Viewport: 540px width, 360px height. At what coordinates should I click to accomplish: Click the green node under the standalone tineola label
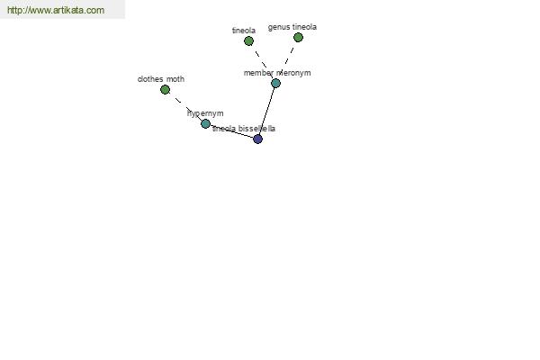tap(248, 41)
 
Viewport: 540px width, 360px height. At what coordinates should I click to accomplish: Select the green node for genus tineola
tap(298, 37)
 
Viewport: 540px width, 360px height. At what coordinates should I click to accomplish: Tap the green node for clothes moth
tap(165, 90)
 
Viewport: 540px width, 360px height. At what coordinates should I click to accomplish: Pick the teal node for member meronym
tap(275, 83)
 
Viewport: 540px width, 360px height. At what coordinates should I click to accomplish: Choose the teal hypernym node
tap(205, 123)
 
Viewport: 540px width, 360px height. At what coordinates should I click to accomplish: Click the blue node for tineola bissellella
tap(257, 139)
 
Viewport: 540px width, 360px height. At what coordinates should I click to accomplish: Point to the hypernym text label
tap(205, 113)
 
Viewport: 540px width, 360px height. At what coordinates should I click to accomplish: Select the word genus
tap(279, 27)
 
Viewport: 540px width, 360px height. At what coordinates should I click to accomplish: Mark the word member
tap(258, 73)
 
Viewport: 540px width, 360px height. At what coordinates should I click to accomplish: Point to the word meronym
tap(293, 73)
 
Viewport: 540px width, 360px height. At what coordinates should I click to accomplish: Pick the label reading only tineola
tap(244, 31)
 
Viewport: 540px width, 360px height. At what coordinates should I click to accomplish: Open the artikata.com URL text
tap(56, 10)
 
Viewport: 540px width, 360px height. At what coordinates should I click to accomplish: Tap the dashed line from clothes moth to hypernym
tap(185, 106)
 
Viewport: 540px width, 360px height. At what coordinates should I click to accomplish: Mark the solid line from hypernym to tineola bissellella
tap(231, 131)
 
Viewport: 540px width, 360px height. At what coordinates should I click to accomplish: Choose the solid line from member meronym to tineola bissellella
tap(266, 111)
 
